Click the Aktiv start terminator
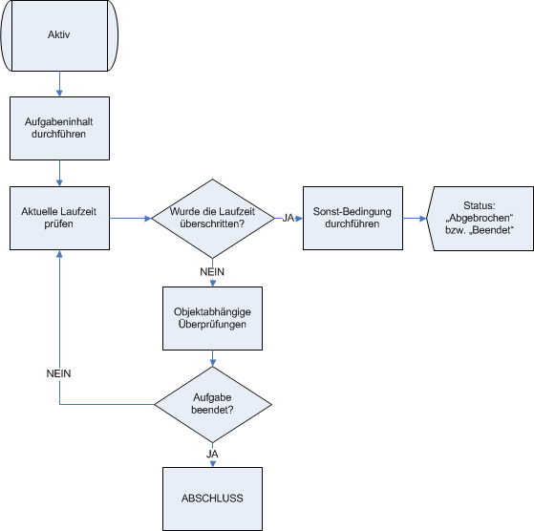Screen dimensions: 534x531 click(59, 35)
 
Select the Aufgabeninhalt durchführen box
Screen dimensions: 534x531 click(59, 128)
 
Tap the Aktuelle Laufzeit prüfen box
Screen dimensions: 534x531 click(59, 218)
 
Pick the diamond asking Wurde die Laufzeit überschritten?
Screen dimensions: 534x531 click(212, 219)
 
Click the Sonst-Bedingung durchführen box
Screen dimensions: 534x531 click(352, 218)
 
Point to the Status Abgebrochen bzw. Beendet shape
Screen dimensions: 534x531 click(480, 219)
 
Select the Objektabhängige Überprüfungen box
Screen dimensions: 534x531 click(212, 318)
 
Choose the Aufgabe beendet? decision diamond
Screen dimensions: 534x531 click(213, 404)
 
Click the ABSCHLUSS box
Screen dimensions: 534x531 click(212, 499)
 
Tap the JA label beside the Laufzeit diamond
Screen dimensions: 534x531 click(288, 218)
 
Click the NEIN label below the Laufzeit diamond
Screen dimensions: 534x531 click(212, 272)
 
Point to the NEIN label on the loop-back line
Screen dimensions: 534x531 click(58, 373)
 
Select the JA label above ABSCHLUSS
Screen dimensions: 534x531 click(212, 454)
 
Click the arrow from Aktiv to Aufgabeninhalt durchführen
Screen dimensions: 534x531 click(59, 84)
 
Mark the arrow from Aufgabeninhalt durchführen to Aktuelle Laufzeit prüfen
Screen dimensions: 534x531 click(59, 173)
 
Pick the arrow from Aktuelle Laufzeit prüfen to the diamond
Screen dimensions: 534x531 click(131, 218)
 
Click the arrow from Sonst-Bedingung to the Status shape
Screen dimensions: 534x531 click(415, 218)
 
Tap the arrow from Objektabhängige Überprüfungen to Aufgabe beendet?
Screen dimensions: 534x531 click(212, 358)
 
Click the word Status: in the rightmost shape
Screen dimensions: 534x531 click(480, 205)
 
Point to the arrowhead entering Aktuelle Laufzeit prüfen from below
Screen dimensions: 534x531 click(59, 254)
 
